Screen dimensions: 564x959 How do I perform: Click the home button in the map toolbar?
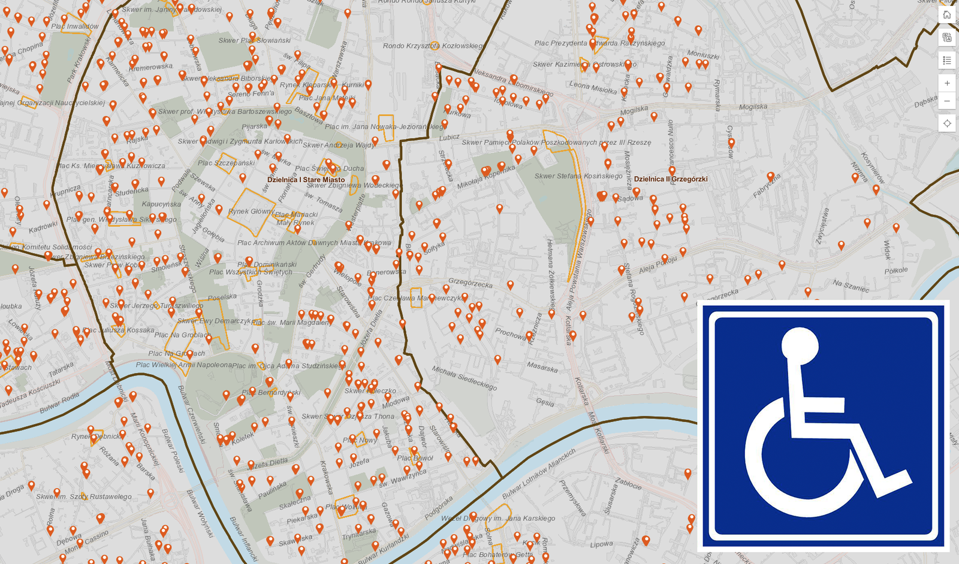pos(947,15)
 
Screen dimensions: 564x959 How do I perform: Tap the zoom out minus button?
pos(947,101)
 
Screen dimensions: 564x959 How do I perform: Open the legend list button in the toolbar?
pos(947,60)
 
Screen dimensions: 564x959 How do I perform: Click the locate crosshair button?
pos(947,123)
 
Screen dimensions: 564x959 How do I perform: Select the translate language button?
pos(947,38)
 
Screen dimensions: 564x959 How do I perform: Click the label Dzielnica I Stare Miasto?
pos(306,180)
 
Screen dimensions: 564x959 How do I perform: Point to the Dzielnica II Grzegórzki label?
pos(671,179)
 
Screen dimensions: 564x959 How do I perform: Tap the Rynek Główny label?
pos(251,211)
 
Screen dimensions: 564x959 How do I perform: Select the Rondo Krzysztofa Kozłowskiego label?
pos(433,46)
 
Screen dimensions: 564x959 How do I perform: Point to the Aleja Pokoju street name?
pos(658,263)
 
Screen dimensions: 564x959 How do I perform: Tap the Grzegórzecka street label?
pos(471,282)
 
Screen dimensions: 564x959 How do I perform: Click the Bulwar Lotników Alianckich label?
pos(538,474)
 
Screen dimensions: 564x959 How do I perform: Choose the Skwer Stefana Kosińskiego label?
pos(578,176)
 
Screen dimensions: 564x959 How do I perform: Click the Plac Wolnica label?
pos(346,507)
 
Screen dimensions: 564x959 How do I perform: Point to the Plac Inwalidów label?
pos(75,26)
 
